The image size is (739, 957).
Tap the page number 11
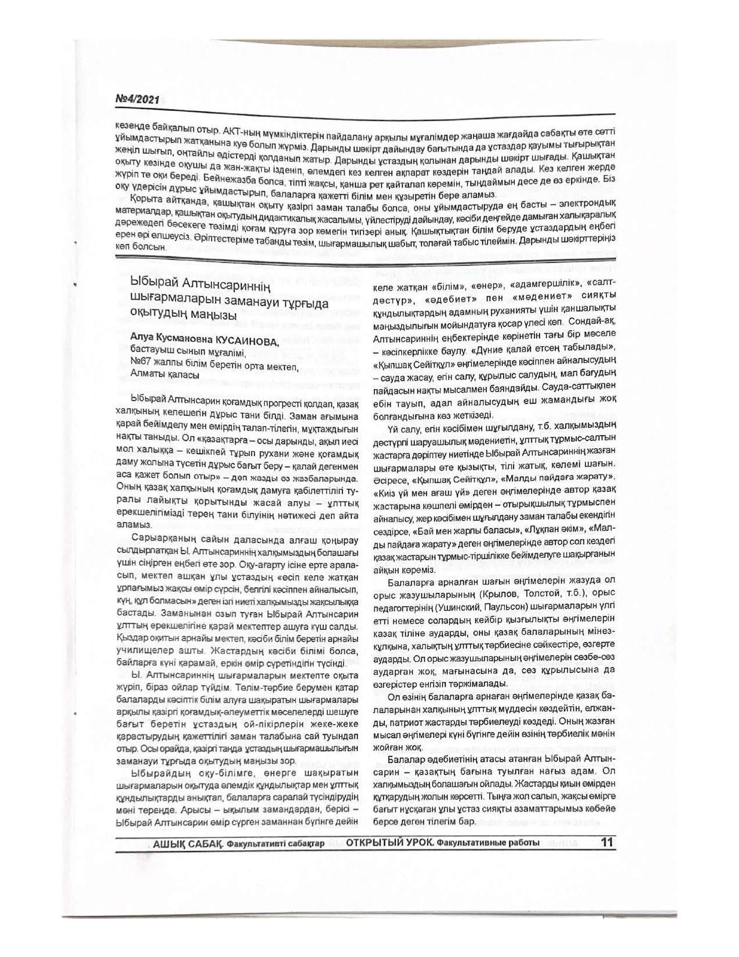[x=607, y=842]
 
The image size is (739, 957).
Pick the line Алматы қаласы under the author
[x=165, y=375]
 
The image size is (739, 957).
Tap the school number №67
[x=141, y=364]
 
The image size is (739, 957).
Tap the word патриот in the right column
[x=402, y=722]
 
